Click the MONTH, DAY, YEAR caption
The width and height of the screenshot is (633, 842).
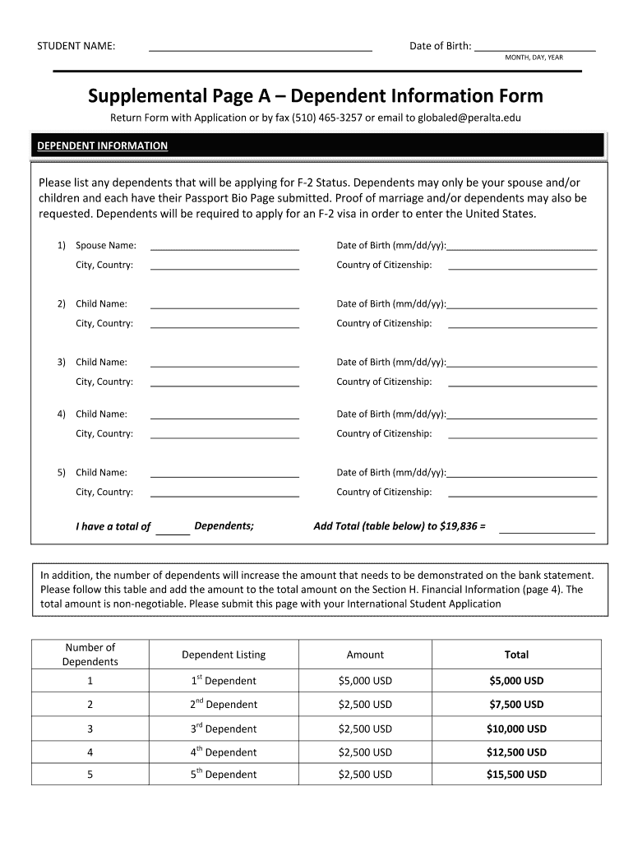[534, 58]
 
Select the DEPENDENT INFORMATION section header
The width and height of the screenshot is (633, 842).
[103, 146]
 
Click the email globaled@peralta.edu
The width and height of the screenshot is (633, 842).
[469, 118]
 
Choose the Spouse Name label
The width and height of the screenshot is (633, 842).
[106, 246]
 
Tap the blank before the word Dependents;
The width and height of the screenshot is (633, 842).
[173, 530]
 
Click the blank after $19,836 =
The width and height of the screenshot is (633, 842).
[547, 530]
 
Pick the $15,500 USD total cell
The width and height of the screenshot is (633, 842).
[516, 775]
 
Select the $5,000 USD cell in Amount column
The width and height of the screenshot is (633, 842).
[365, 681]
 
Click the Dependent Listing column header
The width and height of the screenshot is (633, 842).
[224, 655]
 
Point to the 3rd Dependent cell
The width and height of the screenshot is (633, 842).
[224, 729]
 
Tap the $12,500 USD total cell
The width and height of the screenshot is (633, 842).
[516, 752]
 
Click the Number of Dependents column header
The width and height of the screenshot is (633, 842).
[90, 655]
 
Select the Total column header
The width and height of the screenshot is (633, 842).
[516, 655]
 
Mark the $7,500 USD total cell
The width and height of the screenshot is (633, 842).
[516, 705]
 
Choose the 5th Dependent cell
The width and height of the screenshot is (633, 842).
[224, 775]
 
